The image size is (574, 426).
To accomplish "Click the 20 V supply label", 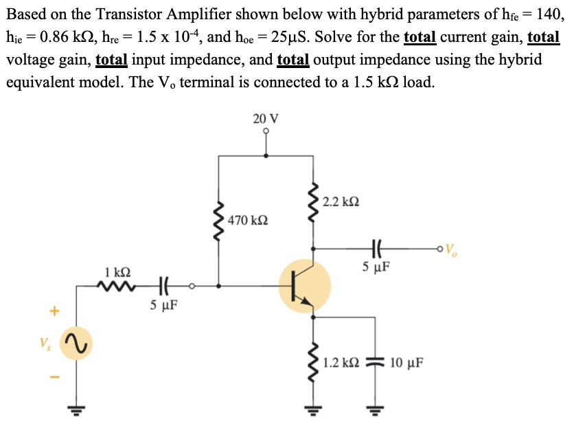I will tap(265, 118).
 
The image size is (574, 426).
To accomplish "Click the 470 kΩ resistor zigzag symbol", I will tap(219, 221).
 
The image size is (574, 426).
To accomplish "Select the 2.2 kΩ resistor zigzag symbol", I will tap(314, 201).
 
